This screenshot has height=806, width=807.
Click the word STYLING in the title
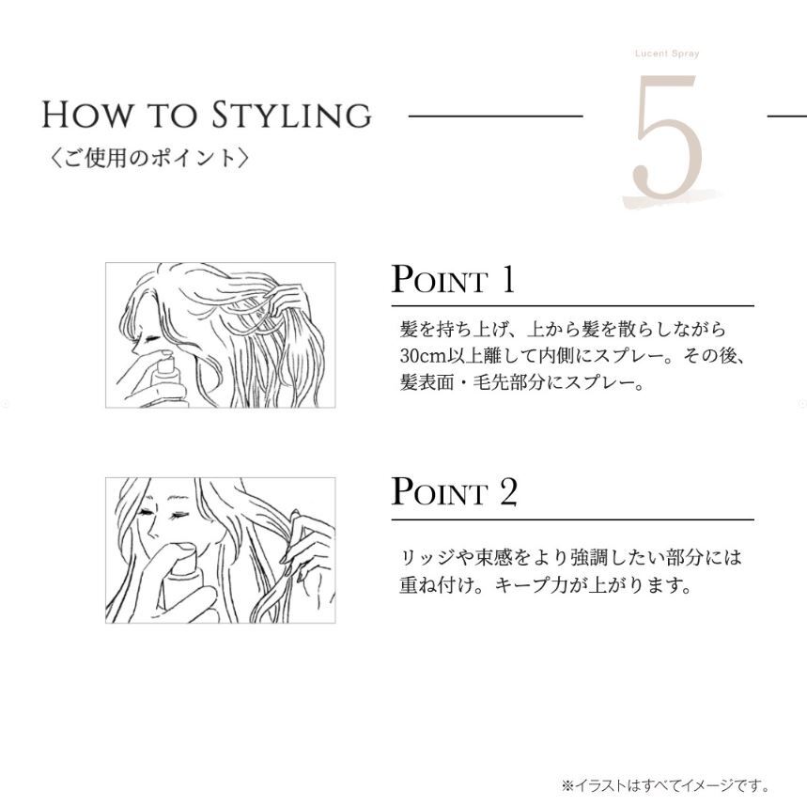coord(291,115)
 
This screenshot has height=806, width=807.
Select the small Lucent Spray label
coord(667,53)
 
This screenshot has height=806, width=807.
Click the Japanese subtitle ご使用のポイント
coord(149,158)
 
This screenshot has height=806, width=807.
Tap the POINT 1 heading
coord(453,279)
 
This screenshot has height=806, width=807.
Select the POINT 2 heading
coord(454,491)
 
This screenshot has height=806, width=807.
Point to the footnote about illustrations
coord(666,785)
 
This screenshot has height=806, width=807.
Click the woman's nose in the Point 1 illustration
coord(135,349)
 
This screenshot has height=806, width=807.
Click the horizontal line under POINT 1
coord(572,306)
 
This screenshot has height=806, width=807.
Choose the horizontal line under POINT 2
coord(572,519)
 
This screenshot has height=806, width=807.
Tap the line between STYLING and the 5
coord(495,116)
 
